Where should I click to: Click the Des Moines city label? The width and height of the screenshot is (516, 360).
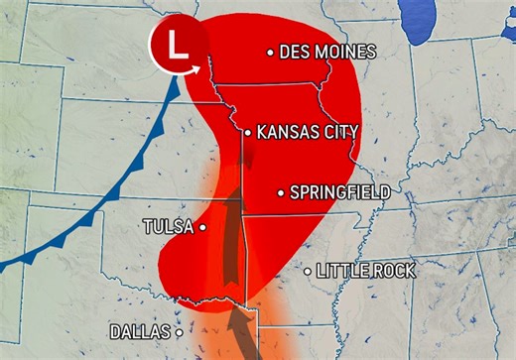[328, 52]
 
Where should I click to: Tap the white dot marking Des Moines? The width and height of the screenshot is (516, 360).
[270, 53]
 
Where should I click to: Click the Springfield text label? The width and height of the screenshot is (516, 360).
[339, 191]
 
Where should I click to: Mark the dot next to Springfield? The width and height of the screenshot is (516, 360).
[281, 191]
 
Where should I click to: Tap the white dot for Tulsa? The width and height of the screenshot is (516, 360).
[202, 227]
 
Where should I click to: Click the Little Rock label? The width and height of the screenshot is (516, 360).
[366, 270]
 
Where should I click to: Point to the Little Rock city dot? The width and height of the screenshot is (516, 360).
[308, 270]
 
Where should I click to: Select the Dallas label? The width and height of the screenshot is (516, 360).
[140, 332]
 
